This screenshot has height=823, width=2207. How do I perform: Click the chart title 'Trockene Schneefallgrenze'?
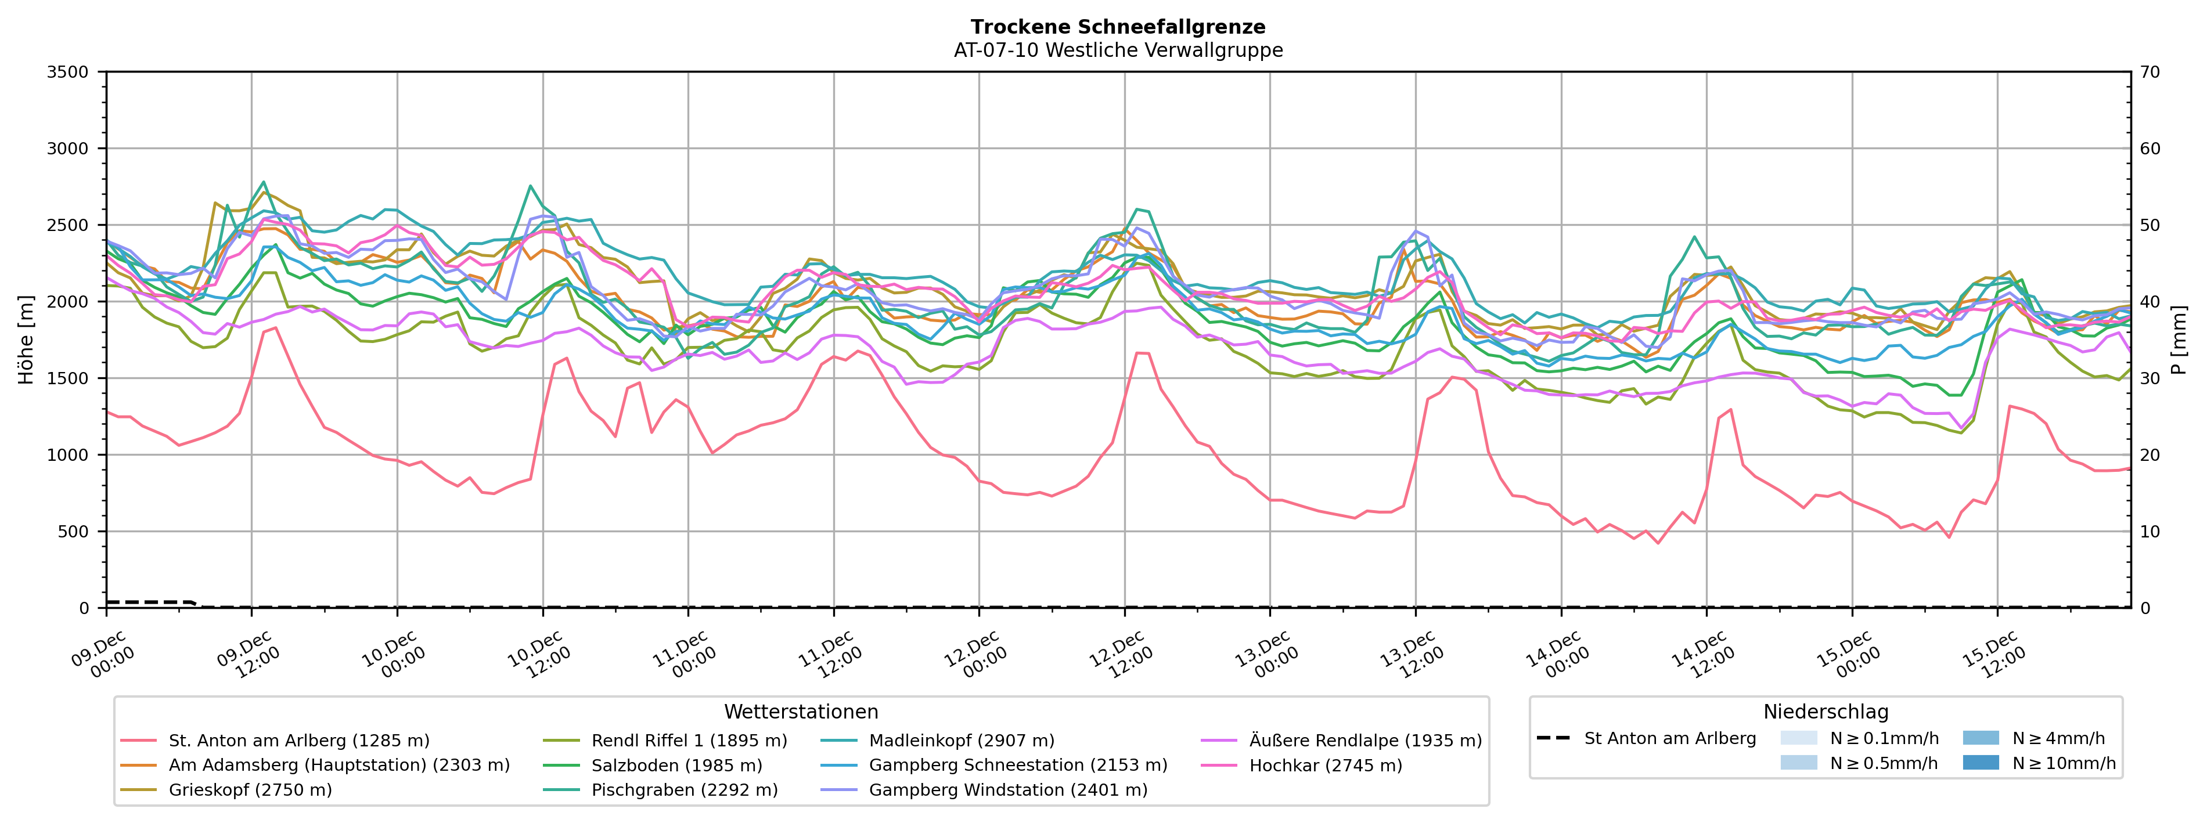1118,27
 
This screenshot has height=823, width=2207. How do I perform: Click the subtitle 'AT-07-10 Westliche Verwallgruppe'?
1118,50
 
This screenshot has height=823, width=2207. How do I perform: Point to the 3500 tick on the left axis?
68,72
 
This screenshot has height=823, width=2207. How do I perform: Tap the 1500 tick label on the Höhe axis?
68,378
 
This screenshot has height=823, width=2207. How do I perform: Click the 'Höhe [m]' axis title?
26,340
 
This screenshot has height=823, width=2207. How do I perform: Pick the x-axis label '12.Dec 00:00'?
977,655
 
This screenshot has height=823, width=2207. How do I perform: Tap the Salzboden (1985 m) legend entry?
676,766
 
